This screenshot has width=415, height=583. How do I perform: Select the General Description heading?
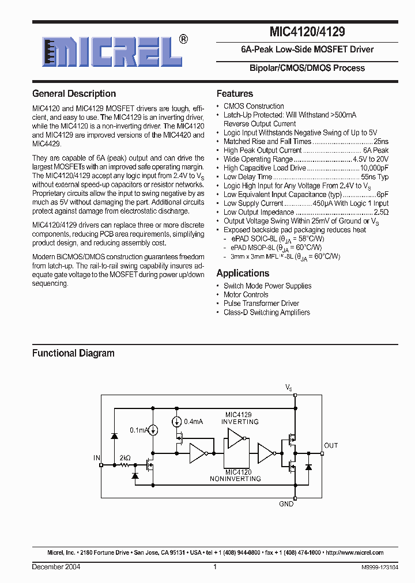click(x=74, y=94)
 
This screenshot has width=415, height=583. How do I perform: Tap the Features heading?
click(x=235, y=94)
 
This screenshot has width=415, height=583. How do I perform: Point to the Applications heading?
click(x=243, y=273)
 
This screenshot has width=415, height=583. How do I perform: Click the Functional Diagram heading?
click(x=73, y=353)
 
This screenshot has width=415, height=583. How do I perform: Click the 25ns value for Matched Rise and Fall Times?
click(x=381, y=141)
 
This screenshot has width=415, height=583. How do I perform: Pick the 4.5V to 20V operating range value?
click(x=371, y=159)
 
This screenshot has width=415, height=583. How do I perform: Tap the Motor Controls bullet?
click(x=246, y=294)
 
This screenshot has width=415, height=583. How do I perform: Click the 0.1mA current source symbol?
click(x=153, y=430)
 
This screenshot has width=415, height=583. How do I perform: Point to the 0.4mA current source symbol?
click(x=176, y=422)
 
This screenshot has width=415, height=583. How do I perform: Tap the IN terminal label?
click(x=96, y=458)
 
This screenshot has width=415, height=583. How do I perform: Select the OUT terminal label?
click(x=331, y=445)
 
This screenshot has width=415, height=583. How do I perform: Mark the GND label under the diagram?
click(x=286, y=504)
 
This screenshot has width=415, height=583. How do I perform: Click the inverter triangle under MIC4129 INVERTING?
click(x=235, y=440)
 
